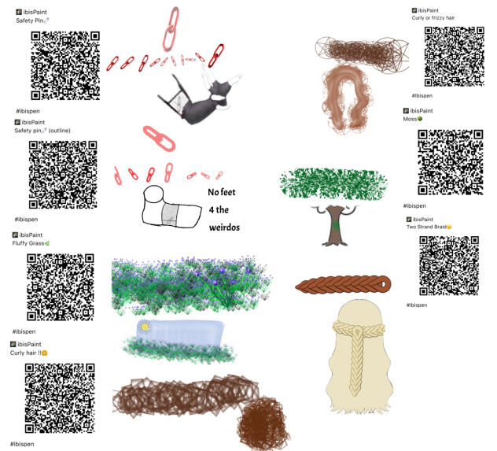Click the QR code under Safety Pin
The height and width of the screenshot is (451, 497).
(65, 65)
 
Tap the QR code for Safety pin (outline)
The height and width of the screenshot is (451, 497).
(63, 175)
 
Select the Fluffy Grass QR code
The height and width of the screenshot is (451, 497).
(61, 287)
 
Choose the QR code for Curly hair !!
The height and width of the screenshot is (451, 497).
(60, 398)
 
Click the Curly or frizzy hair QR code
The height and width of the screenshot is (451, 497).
(455, 57)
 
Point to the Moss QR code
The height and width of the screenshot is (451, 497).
(451, 162)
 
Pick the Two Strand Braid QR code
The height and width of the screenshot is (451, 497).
(449, 266)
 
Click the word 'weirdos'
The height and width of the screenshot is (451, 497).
(224, 227)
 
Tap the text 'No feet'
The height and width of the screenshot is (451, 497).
(222, 192)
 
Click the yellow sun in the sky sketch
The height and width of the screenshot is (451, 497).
(145, 327)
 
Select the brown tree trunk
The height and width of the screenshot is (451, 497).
(335, 226)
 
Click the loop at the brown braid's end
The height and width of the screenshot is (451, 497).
(383, 283)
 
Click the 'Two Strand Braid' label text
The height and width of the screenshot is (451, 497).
(427, 227)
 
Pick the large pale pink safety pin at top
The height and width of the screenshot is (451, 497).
(171, 29)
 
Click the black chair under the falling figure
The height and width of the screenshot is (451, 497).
(174, 97)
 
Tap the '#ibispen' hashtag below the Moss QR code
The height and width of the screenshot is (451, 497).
(414, 206)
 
